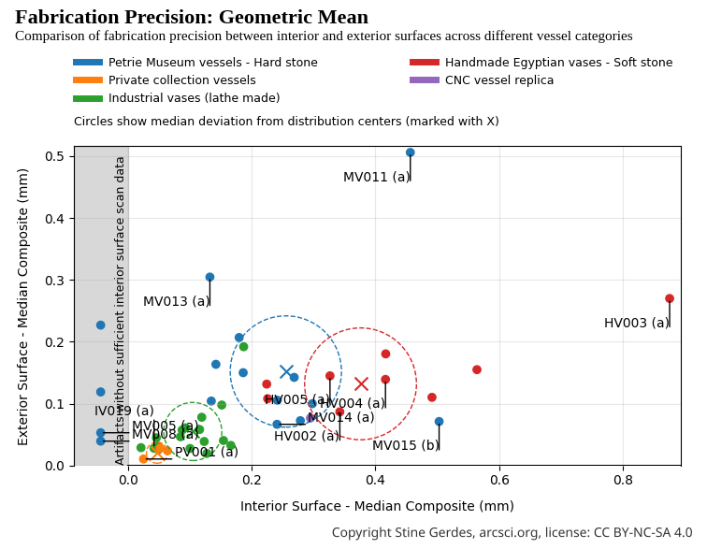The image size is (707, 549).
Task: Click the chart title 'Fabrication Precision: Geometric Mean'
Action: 192,17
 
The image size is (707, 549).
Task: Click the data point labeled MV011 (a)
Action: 410,152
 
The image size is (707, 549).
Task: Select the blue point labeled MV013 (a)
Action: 209,277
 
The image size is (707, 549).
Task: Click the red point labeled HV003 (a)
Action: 670,298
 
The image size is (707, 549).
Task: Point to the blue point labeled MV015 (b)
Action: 439,422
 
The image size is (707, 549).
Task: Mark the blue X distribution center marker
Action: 286,372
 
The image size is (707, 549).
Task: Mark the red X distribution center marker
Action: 361,383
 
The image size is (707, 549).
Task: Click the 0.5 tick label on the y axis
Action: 55,156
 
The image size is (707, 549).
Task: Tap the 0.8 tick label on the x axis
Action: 622,481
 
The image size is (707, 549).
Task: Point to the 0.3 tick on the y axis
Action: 55,281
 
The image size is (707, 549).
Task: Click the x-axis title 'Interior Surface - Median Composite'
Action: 377,506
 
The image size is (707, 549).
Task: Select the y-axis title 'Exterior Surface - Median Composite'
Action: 24,306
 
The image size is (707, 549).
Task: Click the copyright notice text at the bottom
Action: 512,533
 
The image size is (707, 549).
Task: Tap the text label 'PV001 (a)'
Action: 207,453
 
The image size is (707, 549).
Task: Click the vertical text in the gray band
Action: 120,309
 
